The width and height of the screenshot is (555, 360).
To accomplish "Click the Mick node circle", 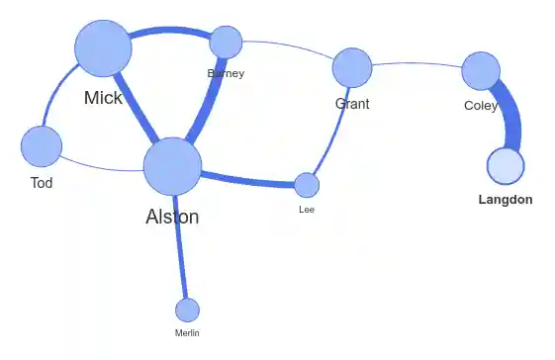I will click(103, 48).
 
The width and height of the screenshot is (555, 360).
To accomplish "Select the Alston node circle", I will click(172, 166).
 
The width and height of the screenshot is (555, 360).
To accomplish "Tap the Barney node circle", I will click(226, 42).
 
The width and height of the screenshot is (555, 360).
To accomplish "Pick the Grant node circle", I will click(351, 67).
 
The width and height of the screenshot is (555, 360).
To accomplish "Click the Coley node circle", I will click(481, 70).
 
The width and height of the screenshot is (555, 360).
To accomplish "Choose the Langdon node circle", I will click(506, 165).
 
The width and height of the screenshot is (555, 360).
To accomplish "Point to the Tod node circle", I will click(41, 145).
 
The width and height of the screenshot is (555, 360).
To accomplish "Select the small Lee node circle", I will click(307, 185).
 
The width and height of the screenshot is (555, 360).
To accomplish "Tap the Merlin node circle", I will click(187, 310).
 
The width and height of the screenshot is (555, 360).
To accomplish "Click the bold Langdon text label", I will click(505, 200).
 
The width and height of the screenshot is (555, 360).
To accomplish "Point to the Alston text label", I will click(172, 217).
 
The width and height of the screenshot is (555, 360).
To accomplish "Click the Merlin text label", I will click(187, 333).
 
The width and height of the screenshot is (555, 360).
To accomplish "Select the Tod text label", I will click(42, 183).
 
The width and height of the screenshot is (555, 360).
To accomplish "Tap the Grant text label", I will click(352, 104).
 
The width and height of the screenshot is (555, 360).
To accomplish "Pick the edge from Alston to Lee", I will click(247, 181).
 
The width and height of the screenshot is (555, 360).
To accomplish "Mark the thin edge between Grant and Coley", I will click(416, 63).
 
